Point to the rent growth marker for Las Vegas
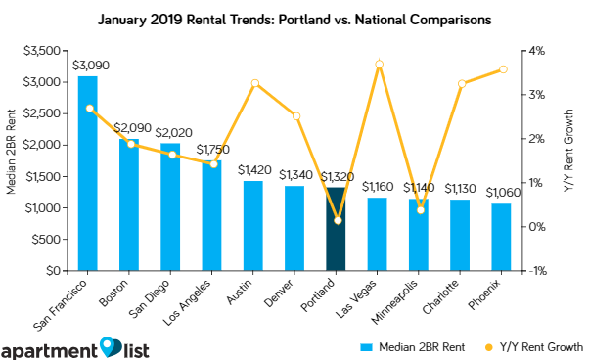378,65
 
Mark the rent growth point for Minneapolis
419,209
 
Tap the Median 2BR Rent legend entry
412,346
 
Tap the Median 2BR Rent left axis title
11,160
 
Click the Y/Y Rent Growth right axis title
576,160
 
